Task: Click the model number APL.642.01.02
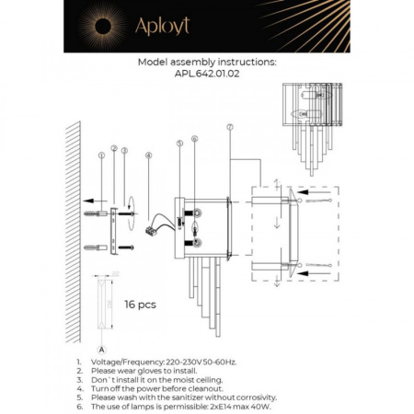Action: [206, 77]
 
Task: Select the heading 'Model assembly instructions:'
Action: [206, 63]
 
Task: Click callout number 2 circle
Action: [113, 149]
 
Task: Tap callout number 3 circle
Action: [124, 150]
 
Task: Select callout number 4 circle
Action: [147, 157]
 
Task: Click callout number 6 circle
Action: [194, 139]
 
